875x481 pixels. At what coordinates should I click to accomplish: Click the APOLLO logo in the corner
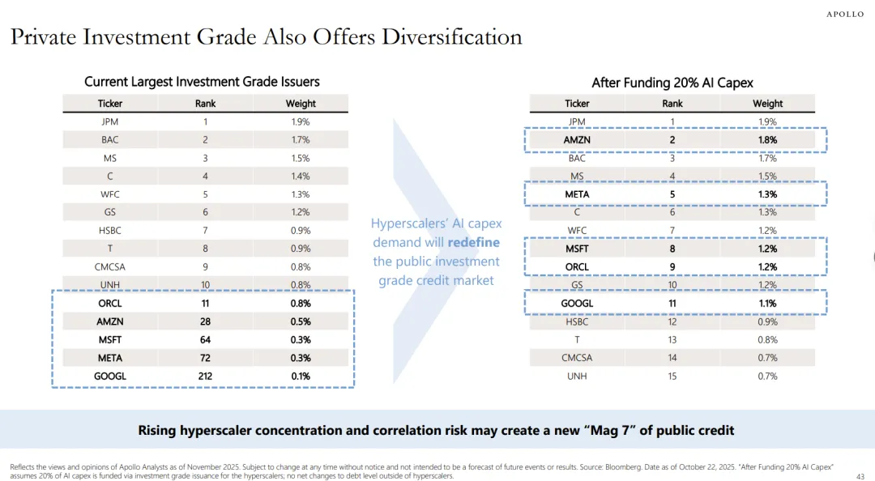pos(845,15)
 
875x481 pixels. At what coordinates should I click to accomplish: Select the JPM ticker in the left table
pos(110,121)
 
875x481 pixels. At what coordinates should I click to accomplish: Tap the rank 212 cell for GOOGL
pos(206,376)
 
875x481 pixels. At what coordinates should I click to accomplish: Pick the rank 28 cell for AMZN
pos(206,321)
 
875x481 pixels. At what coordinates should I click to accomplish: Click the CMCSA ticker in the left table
pos(110,266)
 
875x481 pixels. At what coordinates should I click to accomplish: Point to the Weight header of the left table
pos(301,104)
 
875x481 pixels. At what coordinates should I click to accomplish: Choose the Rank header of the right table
pos(672,104)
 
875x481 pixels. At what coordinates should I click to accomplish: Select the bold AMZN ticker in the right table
pos(577,140)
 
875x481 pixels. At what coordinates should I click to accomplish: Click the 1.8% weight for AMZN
pos(767,140)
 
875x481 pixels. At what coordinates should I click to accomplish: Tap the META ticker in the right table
pos(577,194)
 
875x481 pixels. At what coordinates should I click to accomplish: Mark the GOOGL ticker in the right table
pos(577,304)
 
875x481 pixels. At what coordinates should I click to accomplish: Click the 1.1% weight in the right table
pos(767,304)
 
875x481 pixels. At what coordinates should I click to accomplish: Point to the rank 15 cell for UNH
pos(672,376)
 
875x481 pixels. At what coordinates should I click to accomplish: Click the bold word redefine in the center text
pos(473,242)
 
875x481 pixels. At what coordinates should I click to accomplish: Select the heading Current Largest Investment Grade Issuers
pos(202,82)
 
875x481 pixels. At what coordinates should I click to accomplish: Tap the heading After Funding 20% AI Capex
pos(672,83)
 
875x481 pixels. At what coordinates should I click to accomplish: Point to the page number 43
pos(860,476)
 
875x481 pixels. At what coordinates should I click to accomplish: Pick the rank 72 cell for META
pos(206,358)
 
